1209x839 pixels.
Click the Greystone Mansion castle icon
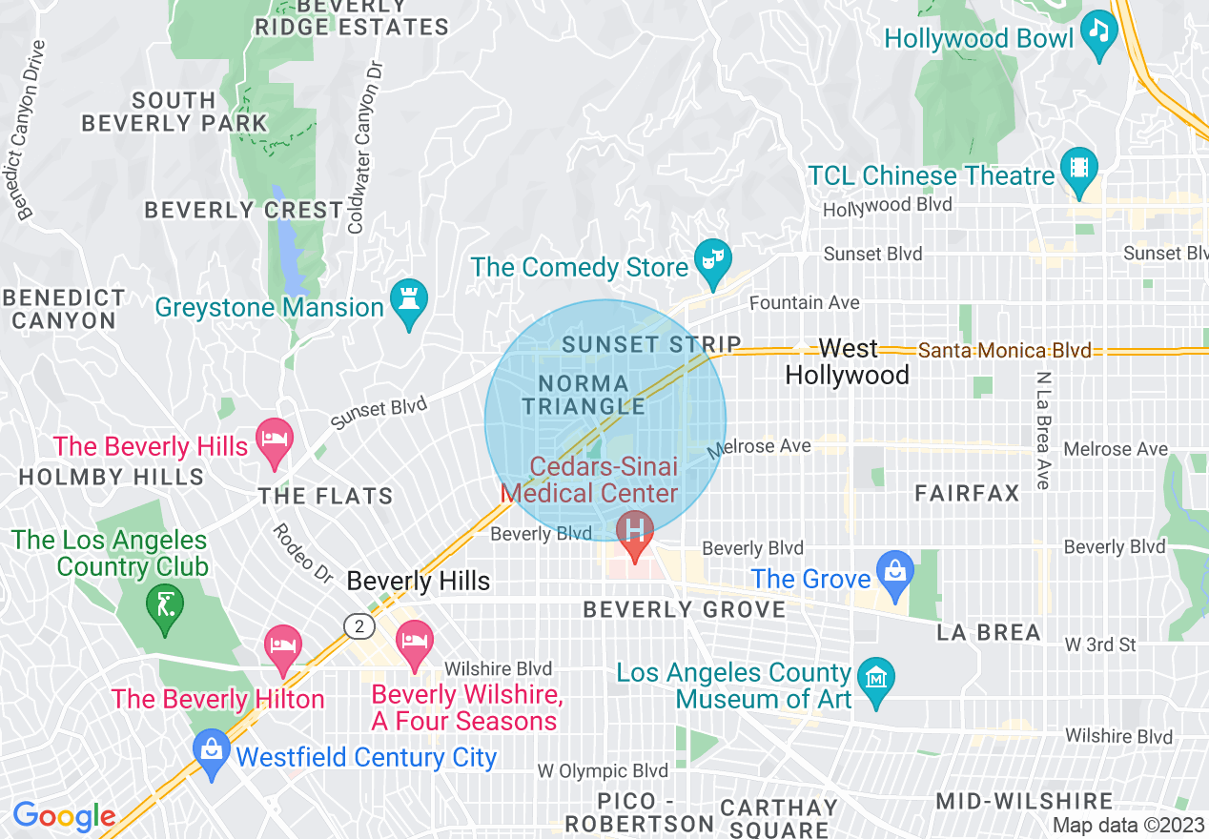409,300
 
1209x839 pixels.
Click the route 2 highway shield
358,625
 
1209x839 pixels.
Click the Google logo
64,816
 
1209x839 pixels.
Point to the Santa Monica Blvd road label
1004,351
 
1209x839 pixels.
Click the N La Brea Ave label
1042,431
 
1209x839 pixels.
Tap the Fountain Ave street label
804,302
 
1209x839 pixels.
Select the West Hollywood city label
847,361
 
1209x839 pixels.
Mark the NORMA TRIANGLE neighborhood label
584,395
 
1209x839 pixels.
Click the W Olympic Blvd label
603,770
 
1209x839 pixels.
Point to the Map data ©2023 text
1127,825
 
